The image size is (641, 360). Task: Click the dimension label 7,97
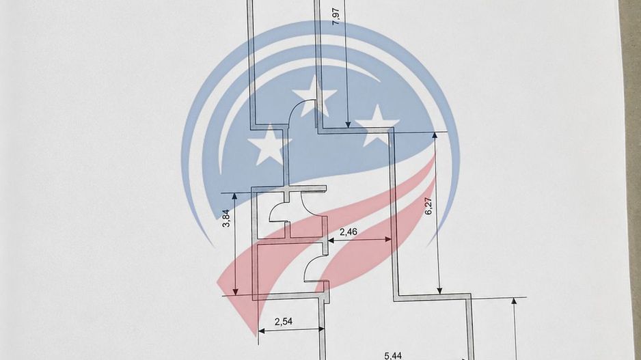[x=336, y=16]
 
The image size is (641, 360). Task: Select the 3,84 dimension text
[x=226, y=218]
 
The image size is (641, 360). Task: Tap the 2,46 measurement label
[x=349, y=232]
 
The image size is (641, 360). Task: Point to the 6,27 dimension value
[x=428, y=206]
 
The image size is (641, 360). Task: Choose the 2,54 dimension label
[x=284, y=322]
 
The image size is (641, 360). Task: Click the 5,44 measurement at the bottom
[x=393, y=356]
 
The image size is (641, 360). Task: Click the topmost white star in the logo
[x=314, y=95]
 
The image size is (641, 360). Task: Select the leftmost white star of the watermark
[x=269, y=145]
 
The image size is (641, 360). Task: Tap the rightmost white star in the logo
[x=377, y=126]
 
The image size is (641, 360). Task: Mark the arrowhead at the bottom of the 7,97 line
[x=348, y=124]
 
